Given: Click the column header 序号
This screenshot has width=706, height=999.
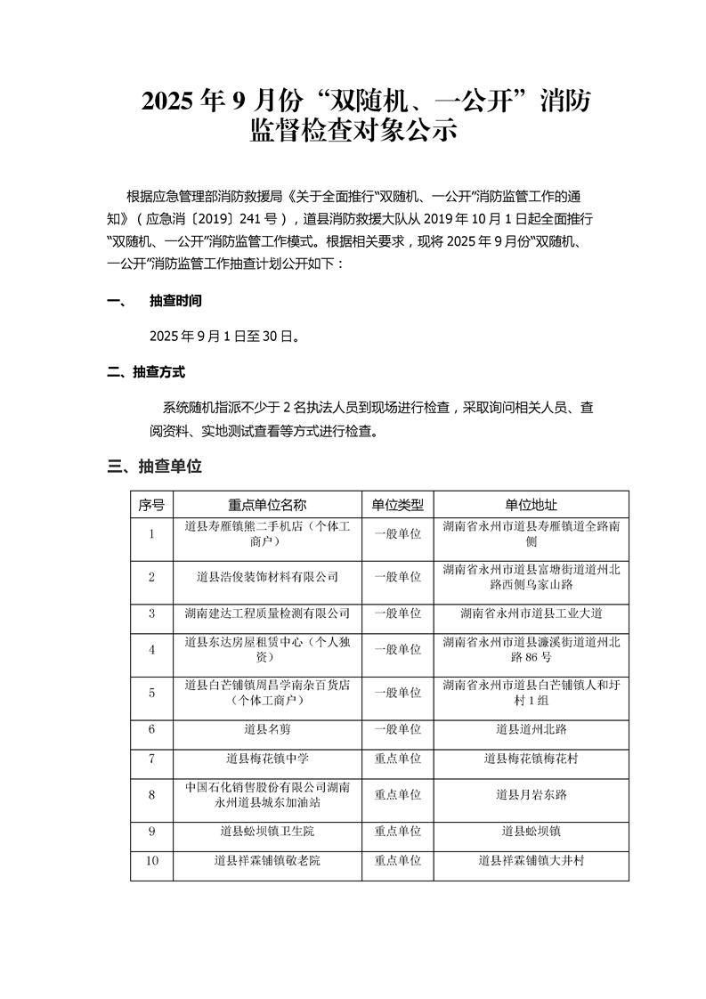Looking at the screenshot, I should [151, 504].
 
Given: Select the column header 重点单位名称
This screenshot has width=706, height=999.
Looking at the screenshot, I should [267, 504].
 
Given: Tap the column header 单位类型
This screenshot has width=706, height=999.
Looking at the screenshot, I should [397, 504].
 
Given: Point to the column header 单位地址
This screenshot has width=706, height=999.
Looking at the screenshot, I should [532, 504].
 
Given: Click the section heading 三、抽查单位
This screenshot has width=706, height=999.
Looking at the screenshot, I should [154, 466].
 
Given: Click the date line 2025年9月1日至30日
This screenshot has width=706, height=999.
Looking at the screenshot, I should [223, 337].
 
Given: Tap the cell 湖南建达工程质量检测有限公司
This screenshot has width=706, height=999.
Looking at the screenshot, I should [267, 613].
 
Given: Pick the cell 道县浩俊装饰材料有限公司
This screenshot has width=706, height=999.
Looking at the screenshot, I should [267, 576].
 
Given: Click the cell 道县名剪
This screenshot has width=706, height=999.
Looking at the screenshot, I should [267, 728].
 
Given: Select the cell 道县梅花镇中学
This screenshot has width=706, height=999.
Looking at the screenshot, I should [267, 759].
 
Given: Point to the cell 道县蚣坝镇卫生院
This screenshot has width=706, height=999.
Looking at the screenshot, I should [267, 831].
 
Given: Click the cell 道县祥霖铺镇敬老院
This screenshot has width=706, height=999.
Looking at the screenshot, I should [267, 860].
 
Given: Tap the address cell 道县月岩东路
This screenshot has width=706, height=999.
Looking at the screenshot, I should [532, 794].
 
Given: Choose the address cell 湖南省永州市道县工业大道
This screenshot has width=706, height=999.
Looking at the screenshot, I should [532, 613].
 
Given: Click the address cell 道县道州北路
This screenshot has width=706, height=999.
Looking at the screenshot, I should [532, 728].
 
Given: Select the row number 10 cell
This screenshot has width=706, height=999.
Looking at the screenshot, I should [151, 860].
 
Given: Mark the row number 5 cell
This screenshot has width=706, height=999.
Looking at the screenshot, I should [151, 692].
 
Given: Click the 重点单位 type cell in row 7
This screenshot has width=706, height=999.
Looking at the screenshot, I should [397, 759].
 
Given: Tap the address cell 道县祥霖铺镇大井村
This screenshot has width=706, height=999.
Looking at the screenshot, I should [532, 860].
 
